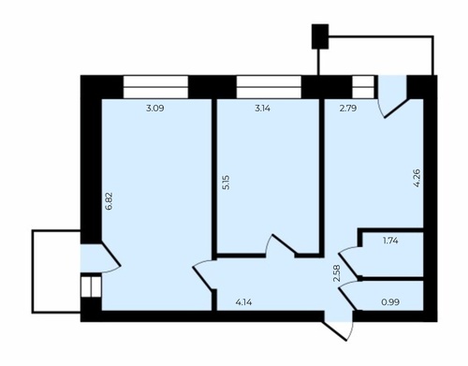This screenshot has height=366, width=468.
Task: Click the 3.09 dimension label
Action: point(155,109)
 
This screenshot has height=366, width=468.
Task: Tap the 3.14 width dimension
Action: point(263,109)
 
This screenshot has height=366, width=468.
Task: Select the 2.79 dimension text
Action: point(348,109)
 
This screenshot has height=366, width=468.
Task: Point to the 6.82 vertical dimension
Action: point(109,201)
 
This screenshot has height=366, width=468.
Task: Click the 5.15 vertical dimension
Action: point(227,183)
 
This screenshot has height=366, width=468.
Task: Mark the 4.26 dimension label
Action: point(417,178)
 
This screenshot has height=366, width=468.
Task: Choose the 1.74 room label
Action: point(390,241)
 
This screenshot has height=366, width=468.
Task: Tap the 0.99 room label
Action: point(390,302)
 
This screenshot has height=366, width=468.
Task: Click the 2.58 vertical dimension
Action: point(337,273)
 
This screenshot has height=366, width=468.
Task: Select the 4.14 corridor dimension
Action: point(243,302)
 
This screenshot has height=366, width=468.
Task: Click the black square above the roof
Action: point(320,37)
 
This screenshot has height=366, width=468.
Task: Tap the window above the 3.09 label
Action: point(155,87)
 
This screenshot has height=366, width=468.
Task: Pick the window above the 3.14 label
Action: point(269,87)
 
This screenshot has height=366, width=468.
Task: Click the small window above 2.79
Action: point(363,87)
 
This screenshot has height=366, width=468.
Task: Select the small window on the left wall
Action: point(91,286)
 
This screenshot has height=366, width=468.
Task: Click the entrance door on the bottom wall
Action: point(339,326)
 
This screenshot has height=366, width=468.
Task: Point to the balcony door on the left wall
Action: point(100,258)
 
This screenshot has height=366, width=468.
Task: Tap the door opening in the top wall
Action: point(392,96)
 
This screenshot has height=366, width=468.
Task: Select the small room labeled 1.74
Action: point(392,254)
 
